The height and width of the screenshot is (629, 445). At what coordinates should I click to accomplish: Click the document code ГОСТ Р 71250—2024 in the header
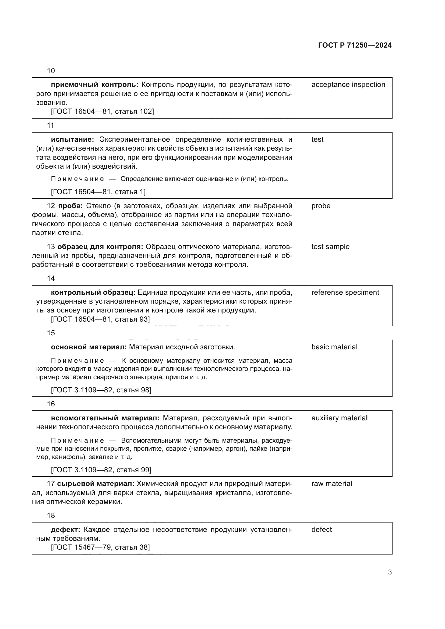[x=355, y=45]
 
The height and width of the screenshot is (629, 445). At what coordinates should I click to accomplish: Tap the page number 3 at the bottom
[x=390, y=572]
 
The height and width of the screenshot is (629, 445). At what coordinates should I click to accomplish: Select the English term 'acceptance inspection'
[x=348, y=85]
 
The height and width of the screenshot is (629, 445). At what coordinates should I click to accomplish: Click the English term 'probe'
[x=321, y=206]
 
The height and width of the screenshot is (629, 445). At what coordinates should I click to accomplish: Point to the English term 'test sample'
[x=330, y=247]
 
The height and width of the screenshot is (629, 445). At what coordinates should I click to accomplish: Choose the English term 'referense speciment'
[x=345, y=292]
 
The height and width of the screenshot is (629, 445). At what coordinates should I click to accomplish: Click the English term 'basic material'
[x=334, y=347]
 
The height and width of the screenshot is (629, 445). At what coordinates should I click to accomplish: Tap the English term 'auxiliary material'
[x=339, y=418]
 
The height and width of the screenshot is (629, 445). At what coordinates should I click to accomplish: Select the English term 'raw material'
[x=331, y=484]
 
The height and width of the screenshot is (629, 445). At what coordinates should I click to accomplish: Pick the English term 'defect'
[x=322, y=530]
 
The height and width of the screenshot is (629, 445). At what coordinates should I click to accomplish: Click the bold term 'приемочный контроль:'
[x=94, y=85]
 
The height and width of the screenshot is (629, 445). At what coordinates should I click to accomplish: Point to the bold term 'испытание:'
[x=72, y=140]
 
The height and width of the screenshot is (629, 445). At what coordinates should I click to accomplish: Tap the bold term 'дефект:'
[x=65, y=530]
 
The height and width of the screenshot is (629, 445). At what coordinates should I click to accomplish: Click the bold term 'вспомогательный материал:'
[x=105, y=418]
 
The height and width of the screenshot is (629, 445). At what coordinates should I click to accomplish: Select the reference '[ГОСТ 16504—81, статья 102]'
[x=103, y=111]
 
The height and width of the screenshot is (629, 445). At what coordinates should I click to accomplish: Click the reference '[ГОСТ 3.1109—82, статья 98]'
[x=101, y=390]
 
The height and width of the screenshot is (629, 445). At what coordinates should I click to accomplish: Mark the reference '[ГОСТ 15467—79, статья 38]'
[x=100, y=547]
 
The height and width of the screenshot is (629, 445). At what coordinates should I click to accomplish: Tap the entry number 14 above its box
[x=51, y=278]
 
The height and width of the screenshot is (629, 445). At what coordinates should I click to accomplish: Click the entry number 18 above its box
[x=51, y=516]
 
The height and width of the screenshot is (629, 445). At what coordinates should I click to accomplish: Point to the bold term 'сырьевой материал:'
[x=96, y=484]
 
